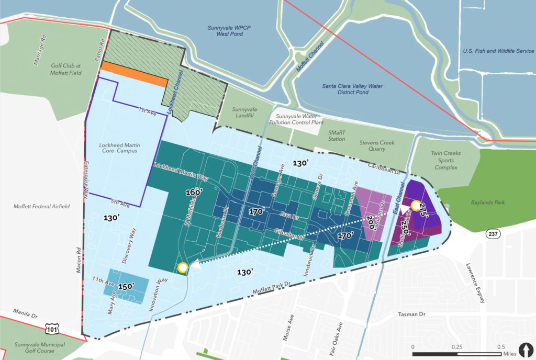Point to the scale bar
[456, 354]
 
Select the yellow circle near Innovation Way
[182, 268]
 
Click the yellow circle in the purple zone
[416, 206]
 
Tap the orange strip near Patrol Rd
[134, 74]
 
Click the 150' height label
[126, 286]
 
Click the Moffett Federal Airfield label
[42, 207]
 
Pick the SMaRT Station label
[337, 136]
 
